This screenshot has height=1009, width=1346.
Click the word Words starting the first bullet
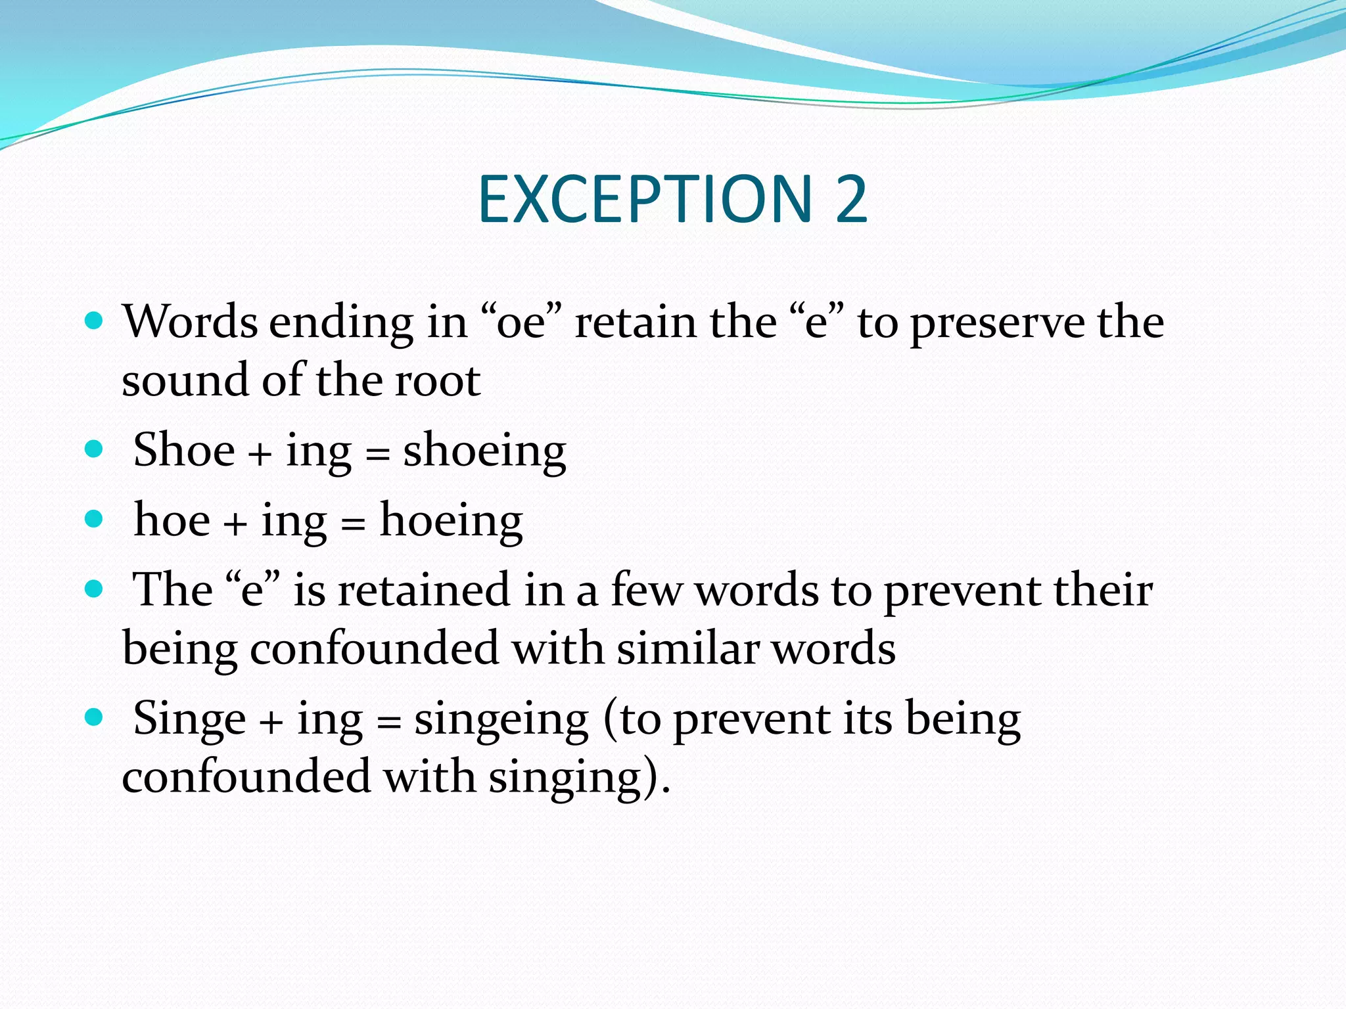[190, 322]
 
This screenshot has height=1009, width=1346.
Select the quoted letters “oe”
[522, 322]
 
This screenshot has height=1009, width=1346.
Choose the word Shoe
[184, 450]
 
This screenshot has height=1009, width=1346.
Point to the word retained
[424, 589]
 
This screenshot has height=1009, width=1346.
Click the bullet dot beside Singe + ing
[95, 716]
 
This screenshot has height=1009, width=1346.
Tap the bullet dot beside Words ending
[95, 321]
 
